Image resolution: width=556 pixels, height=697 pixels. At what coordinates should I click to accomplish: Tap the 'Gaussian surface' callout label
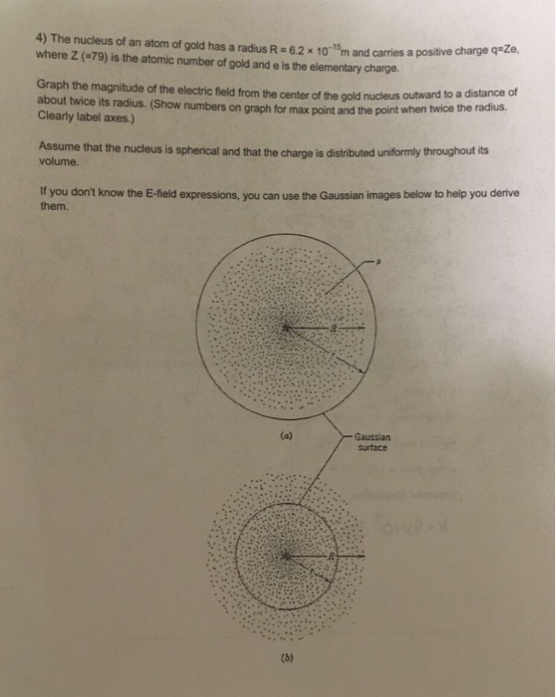(x=373, y=442)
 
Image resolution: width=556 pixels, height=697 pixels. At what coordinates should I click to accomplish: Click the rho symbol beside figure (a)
(x=380, y=261)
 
